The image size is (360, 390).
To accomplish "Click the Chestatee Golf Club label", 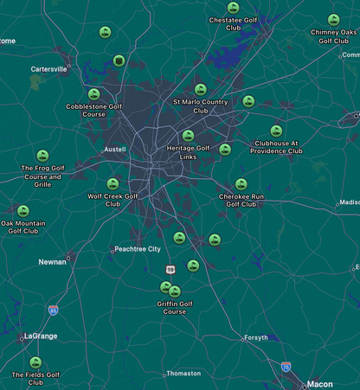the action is (233, 23).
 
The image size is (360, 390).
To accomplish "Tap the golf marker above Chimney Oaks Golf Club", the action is (334, 20).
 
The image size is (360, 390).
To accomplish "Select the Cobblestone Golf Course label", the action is (93, 110).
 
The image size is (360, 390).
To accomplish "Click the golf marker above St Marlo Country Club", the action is (201, 89).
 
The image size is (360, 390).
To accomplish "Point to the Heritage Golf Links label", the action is (188, 151).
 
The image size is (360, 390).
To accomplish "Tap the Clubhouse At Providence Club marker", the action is (276, 131).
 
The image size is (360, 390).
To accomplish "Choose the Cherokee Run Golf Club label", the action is (241, 200).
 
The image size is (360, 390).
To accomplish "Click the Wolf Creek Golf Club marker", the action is (112, 184).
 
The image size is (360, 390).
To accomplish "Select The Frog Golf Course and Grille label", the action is (43, 176).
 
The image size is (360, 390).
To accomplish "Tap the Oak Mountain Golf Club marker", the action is (23, 211).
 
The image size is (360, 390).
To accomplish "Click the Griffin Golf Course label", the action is (175, 307).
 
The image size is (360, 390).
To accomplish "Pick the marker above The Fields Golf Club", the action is (35, 362).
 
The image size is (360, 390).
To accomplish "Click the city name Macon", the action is (319, 384).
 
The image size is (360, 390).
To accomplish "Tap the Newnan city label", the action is (52, 261).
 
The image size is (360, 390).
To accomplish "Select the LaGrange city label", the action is (40, 336).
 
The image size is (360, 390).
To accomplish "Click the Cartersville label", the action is (48, 69).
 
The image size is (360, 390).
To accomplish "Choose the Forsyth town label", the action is (255, 338).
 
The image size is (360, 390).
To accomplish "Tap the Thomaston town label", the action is (183, 374).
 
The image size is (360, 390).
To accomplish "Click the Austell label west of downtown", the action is (115, 150).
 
